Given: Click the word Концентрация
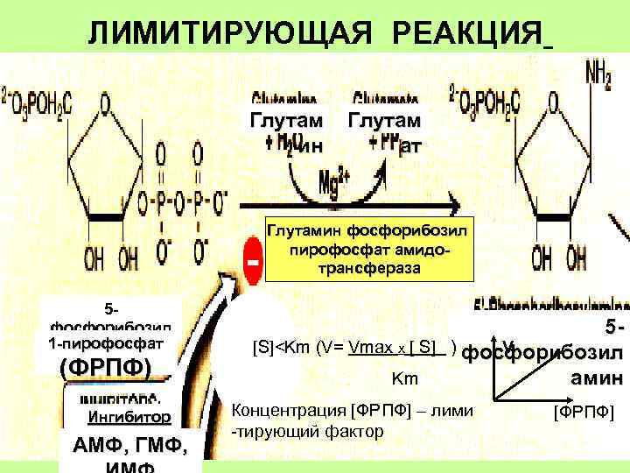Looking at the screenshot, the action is click(286, 410).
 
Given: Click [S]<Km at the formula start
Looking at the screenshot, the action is click(280, 346).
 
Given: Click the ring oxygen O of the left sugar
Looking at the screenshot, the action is click(104, 104).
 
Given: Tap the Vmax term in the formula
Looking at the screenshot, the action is click(372, 346).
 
